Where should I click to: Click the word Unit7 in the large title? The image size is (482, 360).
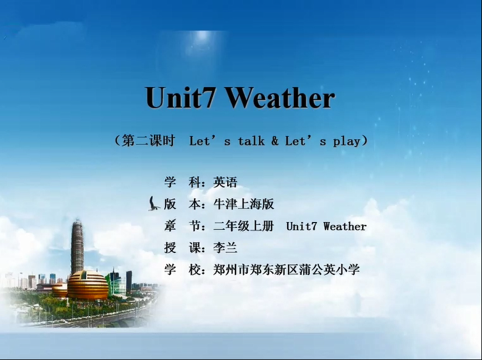[180, 97]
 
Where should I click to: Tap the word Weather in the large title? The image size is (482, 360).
[281, 97]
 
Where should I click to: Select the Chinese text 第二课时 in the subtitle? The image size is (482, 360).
[148, 140]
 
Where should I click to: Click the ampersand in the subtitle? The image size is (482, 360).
[275, 141]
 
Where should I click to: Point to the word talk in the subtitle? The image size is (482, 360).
[251, 141]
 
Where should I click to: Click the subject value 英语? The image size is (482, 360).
[225, 182]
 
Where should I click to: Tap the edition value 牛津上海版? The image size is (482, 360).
[243, 204]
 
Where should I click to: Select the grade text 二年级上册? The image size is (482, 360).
[243, 226]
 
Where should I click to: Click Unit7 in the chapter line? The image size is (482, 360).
[301, 226]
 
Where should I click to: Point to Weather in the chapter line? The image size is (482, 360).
[345, 226]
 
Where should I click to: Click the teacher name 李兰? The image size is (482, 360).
[225, 247]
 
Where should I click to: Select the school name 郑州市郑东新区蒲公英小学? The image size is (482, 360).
[287, 269]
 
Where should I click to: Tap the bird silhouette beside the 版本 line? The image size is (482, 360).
[153, 204]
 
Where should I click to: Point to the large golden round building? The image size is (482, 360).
[88, 285]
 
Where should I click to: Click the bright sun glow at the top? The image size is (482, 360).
[202, 36]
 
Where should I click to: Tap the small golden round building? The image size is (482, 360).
[60, 290]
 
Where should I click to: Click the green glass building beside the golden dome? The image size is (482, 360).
[114, 284]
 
